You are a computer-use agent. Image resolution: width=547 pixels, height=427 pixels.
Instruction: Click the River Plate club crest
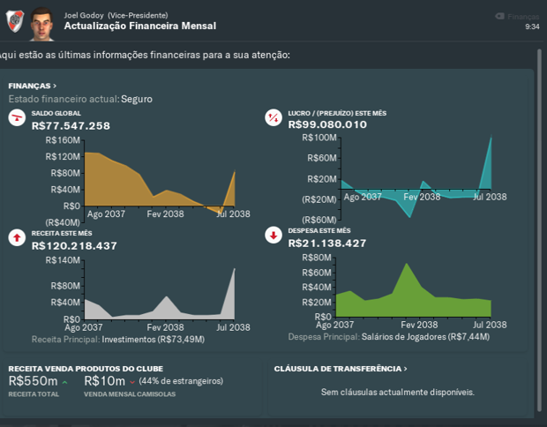coord(14,21)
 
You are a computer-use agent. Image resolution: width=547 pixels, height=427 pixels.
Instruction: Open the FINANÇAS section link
coord(33,86)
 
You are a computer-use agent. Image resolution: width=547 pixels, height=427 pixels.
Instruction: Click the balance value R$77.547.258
coord(71,126)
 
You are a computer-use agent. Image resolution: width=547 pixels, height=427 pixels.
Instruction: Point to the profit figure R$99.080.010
coord(327,125)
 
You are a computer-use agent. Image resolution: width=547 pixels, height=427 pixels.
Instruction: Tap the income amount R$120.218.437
coord(74,246)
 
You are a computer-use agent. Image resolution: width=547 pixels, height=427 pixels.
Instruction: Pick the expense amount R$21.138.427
coord(327,243)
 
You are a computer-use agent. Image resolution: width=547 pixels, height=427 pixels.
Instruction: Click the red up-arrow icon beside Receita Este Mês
coord(16,237)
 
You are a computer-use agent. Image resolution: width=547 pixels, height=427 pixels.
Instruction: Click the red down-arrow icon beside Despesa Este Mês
coord(273,236)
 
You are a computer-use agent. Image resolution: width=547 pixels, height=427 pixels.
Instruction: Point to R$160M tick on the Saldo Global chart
coord(62,139)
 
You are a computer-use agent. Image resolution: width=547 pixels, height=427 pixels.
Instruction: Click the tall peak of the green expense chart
coord(407,265)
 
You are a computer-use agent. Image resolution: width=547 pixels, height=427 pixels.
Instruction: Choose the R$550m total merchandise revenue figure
coord(33,381)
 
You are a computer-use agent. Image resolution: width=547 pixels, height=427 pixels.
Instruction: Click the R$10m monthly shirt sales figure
coord(103,381)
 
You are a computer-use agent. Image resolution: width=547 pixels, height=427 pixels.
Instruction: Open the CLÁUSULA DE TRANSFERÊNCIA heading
coord(340,369)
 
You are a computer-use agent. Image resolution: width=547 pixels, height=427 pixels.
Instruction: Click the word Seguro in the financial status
coord(137,100)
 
